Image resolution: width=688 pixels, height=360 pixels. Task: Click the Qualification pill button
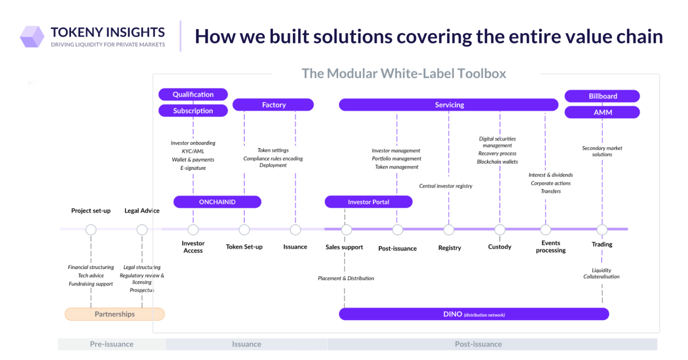tap(193, 94)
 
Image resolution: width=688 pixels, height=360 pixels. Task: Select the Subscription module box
tap(193, 111)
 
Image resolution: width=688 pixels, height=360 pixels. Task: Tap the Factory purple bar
tap(273, 105)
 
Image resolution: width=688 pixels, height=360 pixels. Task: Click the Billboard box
tap(602, 96)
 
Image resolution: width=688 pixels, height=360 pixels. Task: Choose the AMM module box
tap(602, 112)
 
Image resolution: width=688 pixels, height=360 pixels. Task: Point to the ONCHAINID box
tap(217, 202)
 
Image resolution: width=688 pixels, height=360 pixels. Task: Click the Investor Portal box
tap(369, 202)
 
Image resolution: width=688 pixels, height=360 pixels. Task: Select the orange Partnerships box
tap(115, 314)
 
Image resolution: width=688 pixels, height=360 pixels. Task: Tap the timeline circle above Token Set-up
tap(244, 230)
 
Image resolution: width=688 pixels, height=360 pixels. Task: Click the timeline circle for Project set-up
tap(91, 230)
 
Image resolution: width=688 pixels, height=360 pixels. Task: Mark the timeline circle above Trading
tap(602, 229)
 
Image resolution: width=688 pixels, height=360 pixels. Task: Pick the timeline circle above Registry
tap(449, 230)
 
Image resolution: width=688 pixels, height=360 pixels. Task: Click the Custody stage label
tap(500, 247)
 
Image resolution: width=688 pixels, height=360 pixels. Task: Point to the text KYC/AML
tap(193, 151)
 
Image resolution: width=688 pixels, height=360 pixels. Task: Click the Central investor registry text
tap(446, 186)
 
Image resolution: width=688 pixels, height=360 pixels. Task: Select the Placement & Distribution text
tap(346, 279)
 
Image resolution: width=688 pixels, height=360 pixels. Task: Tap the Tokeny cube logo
tap(32, 37)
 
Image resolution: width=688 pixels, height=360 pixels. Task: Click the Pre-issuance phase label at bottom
tap(112, 344)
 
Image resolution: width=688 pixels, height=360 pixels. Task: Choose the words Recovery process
tap(497, 153)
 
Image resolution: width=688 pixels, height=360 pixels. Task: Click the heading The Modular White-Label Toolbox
tap(404, 73)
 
